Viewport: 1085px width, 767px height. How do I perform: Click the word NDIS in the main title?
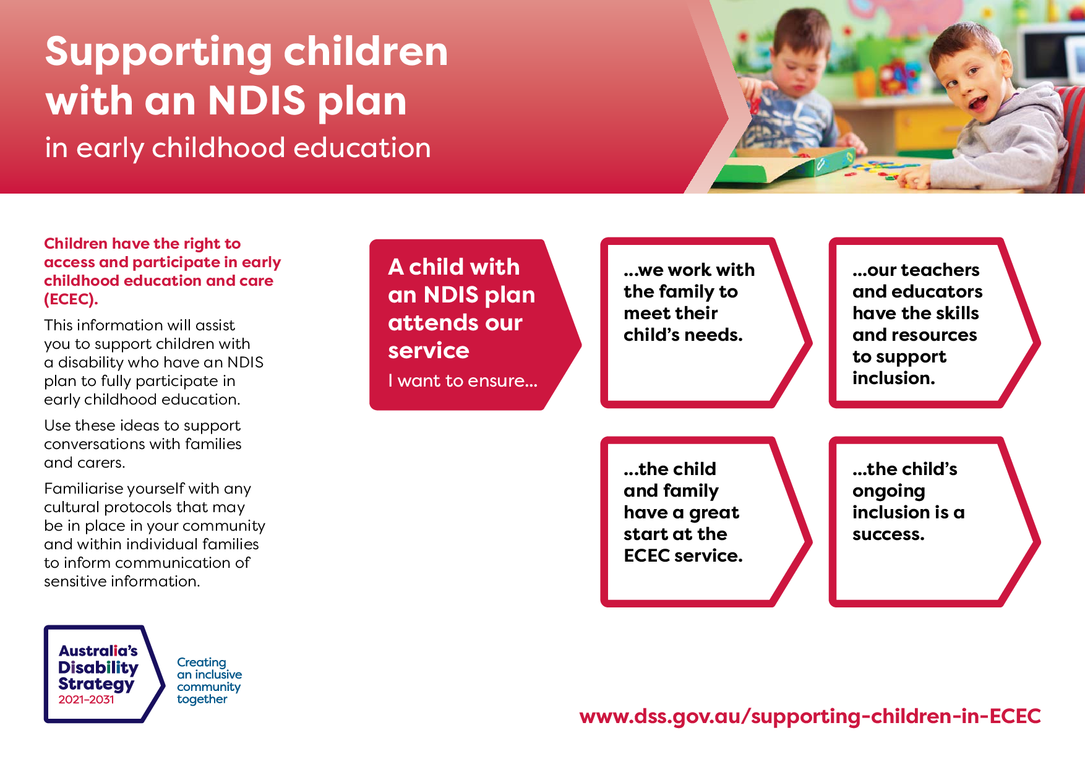tap(257, 101)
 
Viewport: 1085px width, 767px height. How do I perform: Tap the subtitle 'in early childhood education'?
tap(238, 148)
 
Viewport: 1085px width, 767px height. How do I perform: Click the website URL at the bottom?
tap(810, 716)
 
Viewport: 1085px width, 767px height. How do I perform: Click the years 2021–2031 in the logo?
tap(87, 700)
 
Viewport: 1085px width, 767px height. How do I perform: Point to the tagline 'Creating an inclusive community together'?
tap(208, 680)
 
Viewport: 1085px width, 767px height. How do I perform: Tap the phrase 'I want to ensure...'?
tap(463, 381)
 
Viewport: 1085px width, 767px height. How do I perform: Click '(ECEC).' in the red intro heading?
tap(71, 299)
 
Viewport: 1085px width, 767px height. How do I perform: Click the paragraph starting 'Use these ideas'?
tap(142, 444)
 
